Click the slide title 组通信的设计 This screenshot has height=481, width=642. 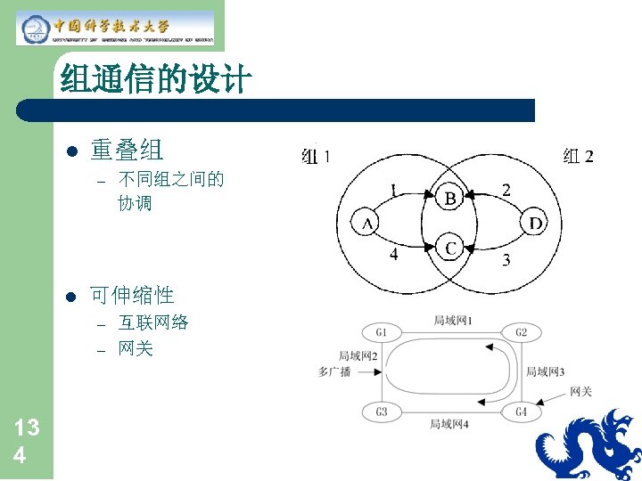point(156,82)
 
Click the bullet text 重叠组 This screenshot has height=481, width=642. point(126,150)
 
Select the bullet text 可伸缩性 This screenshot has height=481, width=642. point(131,294)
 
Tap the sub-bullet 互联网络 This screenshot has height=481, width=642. point(153,322)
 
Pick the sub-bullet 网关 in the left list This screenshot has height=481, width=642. point(136,348)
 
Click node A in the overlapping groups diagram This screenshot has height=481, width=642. point(367,224)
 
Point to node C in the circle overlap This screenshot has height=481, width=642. point(450,249)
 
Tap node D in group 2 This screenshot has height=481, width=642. point(534,223)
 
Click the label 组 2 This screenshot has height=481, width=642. point(578,157)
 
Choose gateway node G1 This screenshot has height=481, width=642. point(381,333)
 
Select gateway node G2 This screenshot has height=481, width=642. point(521,333)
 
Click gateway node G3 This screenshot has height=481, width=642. point(381,412)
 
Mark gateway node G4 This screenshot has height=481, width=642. point(521,412)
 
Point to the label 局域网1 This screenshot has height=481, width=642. point(452,320)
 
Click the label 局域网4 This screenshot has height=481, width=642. point(449,424)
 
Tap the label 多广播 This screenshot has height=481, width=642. point(334,371)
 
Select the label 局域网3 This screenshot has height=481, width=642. point(545,371)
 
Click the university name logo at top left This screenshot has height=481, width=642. point(116,28)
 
